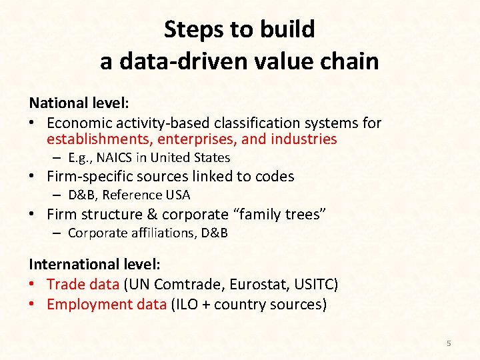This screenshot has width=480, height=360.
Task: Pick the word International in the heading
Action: click(x=74, y=265)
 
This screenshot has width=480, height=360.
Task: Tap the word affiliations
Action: click(x=151, y=233)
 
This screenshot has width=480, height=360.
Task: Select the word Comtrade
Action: click(x=189, y=285)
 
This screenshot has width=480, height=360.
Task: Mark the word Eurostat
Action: click(x=257, y=285)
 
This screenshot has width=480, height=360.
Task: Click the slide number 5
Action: click(x=449, y=343)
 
